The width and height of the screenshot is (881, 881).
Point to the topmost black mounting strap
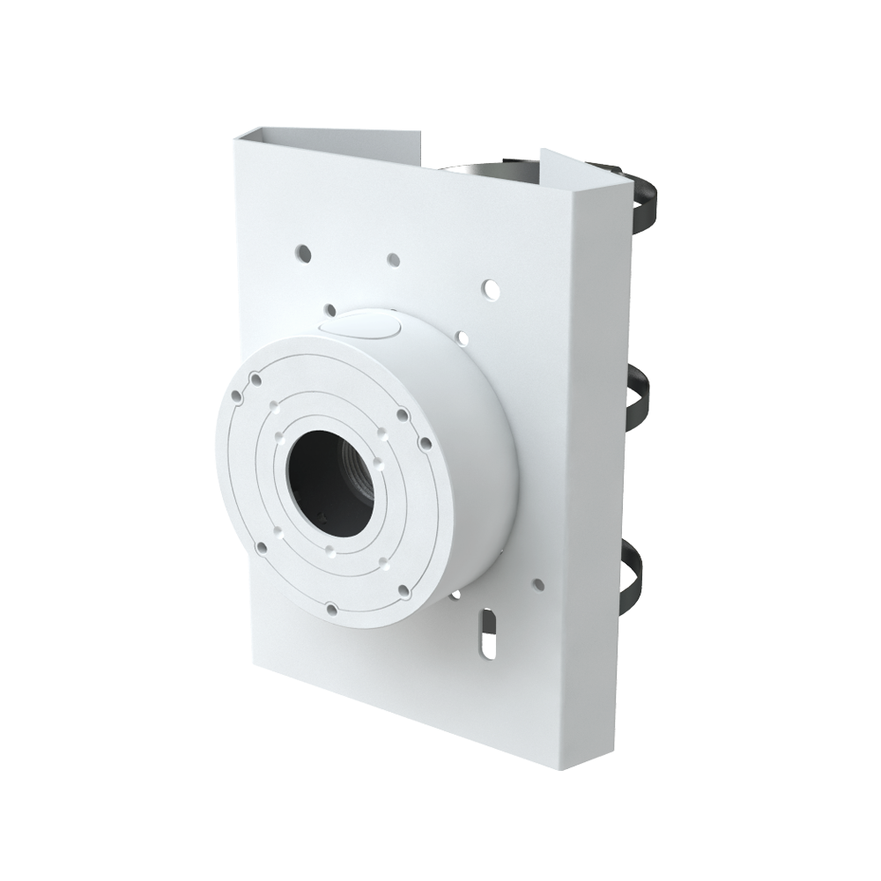(648, 203)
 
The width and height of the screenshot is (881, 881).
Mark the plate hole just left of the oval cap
(329, 309)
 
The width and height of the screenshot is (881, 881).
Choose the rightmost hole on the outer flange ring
(424, 441)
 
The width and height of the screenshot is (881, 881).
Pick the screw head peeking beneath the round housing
(455, 596)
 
